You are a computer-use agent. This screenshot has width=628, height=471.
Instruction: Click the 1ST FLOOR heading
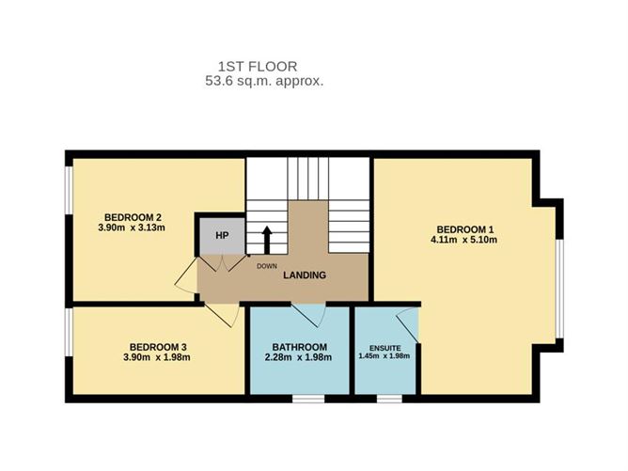258,66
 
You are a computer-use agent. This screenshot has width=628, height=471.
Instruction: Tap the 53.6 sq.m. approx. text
264,81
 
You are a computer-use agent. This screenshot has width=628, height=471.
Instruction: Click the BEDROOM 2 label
133,217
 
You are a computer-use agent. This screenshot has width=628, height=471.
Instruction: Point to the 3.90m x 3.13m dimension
132,228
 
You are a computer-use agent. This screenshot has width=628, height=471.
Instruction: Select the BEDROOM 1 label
465,229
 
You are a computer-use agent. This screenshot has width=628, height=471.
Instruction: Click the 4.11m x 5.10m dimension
463,240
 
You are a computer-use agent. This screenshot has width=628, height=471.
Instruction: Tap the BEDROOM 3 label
158,347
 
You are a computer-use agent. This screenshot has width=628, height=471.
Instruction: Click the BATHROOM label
300,347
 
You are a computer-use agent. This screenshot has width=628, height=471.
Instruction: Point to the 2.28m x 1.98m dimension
298,357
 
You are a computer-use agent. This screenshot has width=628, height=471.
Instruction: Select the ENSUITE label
385,348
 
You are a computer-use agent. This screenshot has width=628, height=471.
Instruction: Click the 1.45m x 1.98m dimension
385,355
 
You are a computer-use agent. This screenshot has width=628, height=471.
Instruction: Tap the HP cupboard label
222,235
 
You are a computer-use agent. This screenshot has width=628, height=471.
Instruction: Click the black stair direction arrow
267,240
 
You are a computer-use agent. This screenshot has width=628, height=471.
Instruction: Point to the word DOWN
267,266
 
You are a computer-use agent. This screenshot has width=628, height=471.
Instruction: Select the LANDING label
305,275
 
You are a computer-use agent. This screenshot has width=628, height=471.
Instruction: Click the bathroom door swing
308,316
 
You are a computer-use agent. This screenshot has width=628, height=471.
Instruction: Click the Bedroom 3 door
222,315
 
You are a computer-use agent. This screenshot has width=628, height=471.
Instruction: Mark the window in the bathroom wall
308,399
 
